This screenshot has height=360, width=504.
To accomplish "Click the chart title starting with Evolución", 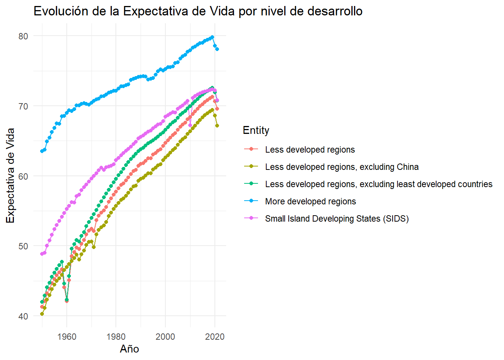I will point(198,11).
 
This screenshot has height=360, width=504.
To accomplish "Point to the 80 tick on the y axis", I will point(23,36).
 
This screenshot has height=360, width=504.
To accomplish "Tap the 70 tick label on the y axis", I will point(23,106).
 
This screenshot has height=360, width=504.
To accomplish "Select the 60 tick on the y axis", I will point(23,176).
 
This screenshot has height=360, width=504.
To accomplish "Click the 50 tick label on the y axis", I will point(23,246).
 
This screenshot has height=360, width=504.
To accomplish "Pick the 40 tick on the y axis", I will point(23,316).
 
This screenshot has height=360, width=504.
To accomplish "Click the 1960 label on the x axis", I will point(67,336).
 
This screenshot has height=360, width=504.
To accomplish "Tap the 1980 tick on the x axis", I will point(116,336).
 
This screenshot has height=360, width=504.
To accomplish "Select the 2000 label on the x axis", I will point(165,336).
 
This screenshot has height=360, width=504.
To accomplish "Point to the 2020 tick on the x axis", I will point(215,336).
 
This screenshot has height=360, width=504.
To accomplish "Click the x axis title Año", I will point(129,349).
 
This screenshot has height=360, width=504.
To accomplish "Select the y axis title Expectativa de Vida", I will point(10,175).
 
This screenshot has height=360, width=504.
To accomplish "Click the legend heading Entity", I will point(256,130).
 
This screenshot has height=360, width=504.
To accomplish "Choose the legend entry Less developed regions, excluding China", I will point(342,167).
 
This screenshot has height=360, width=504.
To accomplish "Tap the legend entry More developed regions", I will point(310,201).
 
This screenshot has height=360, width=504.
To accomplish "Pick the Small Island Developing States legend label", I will point(336,219).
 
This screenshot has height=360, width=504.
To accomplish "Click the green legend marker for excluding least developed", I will point(251,184).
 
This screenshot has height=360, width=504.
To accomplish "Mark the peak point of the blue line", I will point(212,37).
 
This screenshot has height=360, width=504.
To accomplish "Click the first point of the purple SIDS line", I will point(42,254).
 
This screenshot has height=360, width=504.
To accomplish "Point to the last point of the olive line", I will point(217,126).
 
